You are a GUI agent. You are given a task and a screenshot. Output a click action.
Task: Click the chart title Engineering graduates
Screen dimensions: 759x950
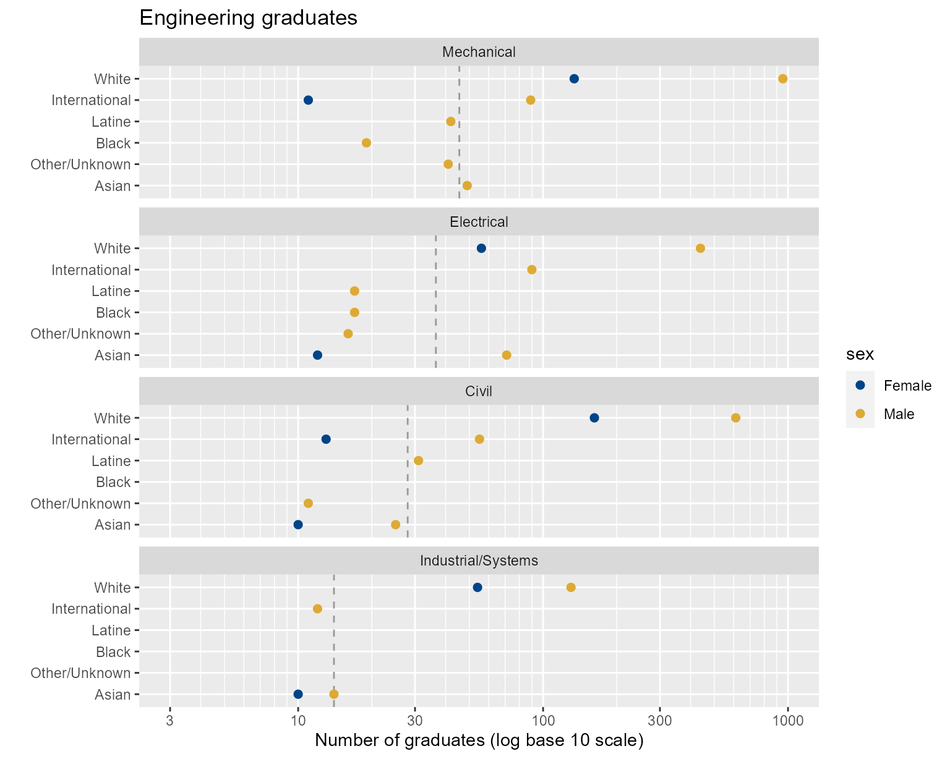(x=248, y=18)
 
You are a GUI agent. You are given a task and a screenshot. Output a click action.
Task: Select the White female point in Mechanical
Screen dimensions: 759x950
(x=574, y=78)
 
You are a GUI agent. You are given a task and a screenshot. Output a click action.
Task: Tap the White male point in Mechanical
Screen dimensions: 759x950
(x=782, y=78)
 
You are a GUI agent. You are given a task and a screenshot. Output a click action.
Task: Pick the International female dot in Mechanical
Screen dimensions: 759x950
(x=308, y=100)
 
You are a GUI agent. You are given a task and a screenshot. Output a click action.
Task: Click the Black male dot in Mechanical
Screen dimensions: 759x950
(x=366, y=143)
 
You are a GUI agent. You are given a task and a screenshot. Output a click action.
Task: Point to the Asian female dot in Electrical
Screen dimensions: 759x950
(x=317, y=355)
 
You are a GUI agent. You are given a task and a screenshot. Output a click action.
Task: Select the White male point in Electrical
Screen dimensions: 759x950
(x=700, y=248)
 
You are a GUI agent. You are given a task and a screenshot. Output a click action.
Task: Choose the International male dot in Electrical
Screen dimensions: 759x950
(x=531, y=269)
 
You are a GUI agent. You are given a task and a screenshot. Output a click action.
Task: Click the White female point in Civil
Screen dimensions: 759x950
(x=594, y=418)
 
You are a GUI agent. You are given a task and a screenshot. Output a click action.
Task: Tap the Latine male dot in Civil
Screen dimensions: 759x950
(x=418, y=460)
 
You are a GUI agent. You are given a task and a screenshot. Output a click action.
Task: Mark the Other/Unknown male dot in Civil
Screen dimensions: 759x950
(x=308, y=503)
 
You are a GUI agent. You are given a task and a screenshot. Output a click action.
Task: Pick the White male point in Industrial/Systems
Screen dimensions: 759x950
(x=571, y=587)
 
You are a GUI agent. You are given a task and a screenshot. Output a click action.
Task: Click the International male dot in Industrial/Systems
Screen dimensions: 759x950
(x=317, y=609)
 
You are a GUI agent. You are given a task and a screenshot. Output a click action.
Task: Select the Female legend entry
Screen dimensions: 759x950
(x=907, y=386)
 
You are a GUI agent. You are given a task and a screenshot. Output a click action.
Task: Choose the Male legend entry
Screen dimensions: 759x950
(x=899, y=414)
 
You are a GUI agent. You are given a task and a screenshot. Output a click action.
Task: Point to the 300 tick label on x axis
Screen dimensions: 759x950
(x=659, y=721)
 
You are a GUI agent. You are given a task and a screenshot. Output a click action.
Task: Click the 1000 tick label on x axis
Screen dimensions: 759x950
(x=787, y=721)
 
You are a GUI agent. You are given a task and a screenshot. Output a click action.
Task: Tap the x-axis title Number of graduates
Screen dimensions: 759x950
(x=479, y=740)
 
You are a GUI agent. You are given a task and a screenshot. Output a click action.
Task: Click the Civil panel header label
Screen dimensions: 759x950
(x=479, y=391)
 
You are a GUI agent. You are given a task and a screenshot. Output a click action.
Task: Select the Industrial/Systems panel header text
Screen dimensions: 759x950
(x=479, y=561)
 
